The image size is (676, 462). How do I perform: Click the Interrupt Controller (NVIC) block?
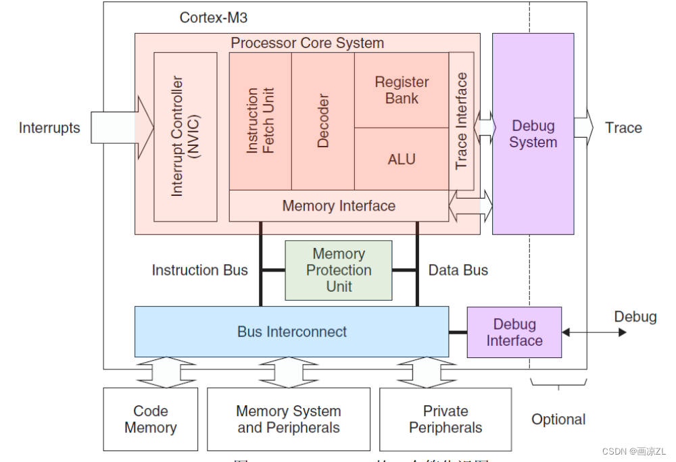point(185,136)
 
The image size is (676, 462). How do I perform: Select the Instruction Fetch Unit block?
point(260,121)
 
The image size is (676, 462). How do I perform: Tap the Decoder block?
point(322,121)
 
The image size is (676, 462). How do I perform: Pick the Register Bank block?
point(402,90)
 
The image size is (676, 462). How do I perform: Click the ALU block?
point(402,159)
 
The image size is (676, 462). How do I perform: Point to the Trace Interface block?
point(461,121)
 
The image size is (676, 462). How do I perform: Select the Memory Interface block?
point(339,206)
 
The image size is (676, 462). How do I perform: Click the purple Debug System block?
point(533,134)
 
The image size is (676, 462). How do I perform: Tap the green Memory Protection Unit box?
point(339,270)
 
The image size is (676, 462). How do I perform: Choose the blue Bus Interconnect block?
point(291,332)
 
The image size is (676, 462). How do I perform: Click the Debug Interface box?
point(514,332)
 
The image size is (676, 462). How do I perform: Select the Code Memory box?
point(151,419)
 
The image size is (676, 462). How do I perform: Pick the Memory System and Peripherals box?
point(289,419)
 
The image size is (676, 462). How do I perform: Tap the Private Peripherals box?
point(445,419)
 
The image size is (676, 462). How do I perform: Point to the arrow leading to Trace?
point(583,127)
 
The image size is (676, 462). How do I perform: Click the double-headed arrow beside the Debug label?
point(594,332)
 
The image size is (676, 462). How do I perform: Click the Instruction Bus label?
point(199,270)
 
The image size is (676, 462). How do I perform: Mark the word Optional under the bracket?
point(558,419)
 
